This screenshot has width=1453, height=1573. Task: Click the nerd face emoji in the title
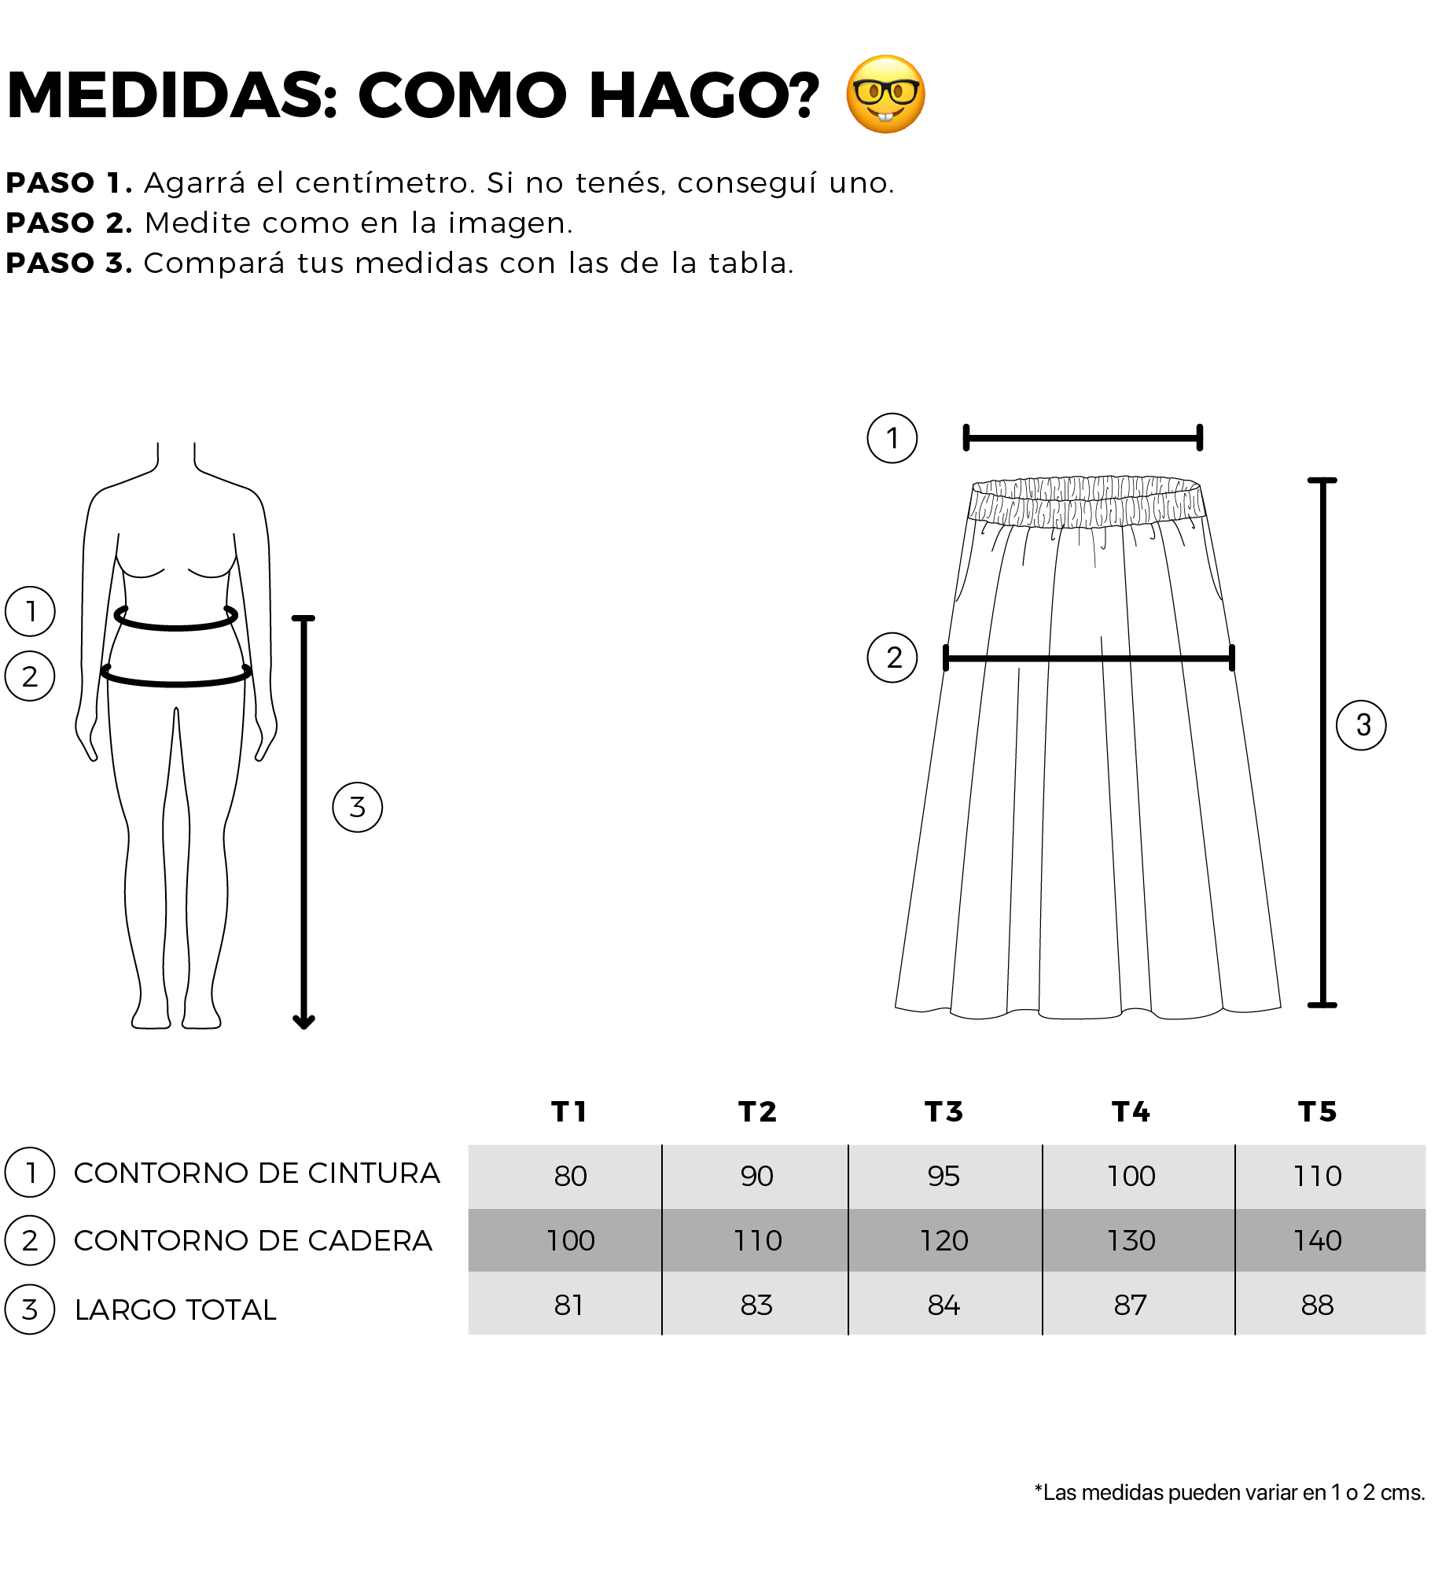pyautogui.click(x=885, y=94)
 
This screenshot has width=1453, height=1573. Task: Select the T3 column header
pyautogui.click(x=944, y=1111)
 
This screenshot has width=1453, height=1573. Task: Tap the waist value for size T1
pyautogui.click(x=570, y=1176)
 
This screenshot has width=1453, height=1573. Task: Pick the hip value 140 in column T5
pyautogui.click(x=1318, y=1240)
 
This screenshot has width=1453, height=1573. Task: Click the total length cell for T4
pyautogui.click(x=1130, y=1305)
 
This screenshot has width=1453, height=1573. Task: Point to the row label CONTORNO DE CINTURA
pyautogui.click(x=256, y=1173)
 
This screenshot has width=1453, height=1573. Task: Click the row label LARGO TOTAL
pyautogui.click(x=175, y=1310)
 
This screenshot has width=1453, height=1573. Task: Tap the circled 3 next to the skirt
pyautogui.click(x=1361, y=725)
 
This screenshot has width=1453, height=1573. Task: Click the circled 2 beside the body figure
pyautogui.click(x=30, y=676)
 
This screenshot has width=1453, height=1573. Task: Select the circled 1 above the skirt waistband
pyautogui.click(x=892, y=438)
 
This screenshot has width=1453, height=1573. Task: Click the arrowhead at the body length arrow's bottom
pyautogui.click(x=304, y=1022)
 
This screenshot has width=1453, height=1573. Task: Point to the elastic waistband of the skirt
pyautogui.click(x=1087, y=501)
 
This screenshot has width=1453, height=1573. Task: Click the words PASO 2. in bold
pyautogui.click(x=69, y=223)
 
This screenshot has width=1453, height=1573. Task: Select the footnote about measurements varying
pyautogui.click(x=1230, y=1493)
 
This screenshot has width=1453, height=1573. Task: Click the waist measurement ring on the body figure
pyautogui.click(x=176, y=626)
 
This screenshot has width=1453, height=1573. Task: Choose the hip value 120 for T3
pyautogui.click(x=944, y=1240)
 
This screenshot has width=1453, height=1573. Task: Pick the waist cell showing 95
pyautogui.click(x=944, y=1176)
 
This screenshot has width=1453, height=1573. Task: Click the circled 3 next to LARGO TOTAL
pyautogui.click(x=30, y=1310)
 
